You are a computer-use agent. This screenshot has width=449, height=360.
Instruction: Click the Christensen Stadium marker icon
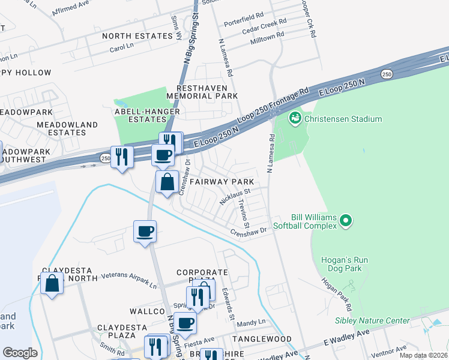click(295, 118)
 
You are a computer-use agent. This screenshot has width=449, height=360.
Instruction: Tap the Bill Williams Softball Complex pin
click(345, 221)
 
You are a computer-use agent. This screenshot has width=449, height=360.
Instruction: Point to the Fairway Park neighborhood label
click(222, 181)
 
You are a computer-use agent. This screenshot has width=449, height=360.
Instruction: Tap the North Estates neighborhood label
click(137, 36)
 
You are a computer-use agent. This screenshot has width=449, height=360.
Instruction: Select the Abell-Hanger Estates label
click(140, 115)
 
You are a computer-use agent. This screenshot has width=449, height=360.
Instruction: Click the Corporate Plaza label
click(203, 277)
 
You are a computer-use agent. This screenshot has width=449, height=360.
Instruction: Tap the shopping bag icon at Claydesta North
click(52, 283)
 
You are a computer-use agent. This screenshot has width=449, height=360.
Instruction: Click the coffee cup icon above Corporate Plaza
click(145, 232)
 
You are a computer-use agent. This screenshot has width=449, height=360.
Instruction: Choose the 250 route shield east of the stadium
click(387, 74)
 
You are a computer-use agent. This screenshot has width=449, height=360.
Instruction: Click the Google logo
click(20, 353)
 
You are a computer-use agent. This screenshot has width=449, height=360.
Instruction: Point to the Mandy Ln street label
click(251, 323)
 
